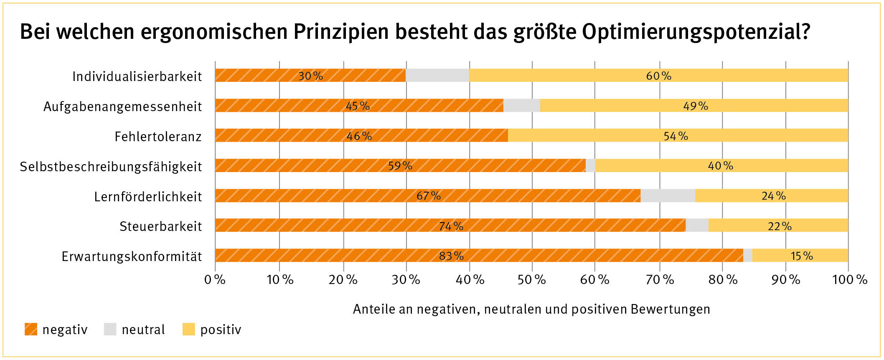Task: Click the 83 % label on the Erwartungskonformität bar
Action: coord(451,256)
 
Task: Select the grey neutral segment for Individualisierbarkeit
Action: coord(437,76)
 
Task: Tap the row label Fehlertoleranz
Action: coord(158,137)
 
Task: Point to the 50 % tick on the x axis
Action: coord(531,279)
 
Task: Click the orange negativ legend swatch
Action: coord(31,330)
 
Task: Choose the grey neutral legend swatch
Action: coord(110,330)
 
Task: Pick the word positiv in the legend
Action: coord(221,330)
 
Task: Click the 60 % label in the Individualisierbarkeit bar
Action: coord(658,76)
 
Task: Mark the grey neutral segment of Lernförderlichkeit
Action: coord(668,195)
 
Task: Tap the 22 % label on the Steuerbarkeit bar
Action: coord(780,226)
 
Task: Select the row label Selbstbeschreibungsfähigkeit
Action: coord(111,167)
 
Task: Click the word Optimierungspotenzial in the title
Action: coord(696,32)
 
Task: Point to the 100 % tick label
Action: coord(849,279)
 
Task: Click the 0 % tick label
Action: coord(215,279)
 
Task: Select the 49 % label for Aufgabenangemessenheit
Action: coord(696,106)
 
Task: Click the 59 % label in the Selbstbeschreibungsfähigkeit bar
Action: coord(400,166)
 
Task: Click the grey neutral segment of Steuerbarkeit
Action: coord(697,226)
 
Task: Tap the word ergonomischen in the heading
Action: coord(214,32)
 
